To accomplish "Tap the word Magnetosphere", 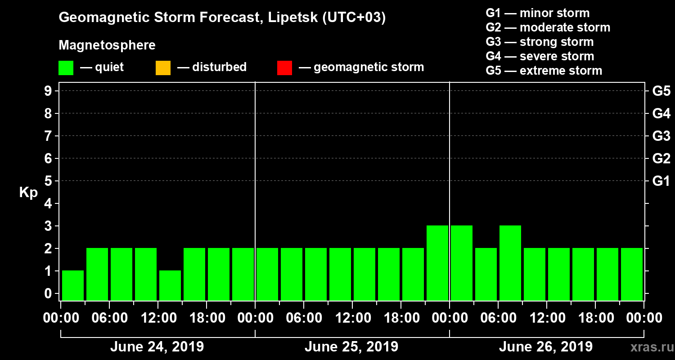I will (107, 45).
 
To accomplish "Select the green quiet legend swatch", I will (66, 68).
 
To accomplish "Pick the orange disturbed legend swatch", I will (163, 68).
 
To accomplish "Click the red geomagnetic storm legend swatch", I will (284, 68).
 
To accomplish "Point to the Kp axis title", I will (28, 192).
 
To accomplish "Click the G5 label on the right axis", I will (661, 91).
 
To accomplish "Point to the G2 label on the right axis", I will (661, 159).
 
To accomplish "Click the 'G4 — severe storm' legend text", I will (540, 56).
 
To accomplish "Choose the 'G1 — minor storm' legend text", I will (537, 13).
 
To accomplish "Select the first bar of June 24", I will (73, 285).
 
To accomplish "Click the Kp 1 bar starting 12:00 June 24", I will (170, 285).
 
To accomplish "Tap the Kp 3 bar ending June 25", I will (437, 263).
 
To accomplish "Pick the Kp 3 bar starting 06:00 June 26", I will (510, 263).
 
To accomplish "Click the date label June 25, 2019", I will (351, 347).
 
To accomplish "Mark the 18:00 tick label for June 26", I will (595, 318).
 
